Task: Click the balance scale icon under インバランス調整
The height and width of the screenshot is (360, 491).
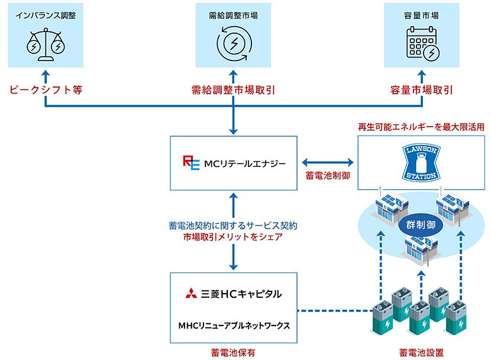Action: (x=45, y=46)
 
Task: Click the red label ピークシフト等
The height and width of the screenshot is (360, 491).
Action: (x=45, y=90)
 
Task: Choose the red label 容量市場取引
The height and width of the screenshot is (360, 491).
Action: (x=422, y=90)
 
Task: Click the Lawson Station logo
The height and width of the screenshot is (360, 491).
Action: (x=422, y=160)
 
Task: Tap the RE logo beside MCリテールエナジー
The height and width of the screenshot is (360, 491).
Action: (x=190, y=162)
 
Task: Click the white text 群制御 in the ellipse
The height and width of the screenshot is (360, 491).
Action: (x=421, y=226)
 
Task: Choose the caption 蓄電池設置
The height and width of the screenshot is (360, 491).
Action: (x=421, y=352)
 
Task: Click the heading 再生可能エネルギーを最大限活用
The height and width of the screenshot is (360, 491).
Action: (x=421, y=127)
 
